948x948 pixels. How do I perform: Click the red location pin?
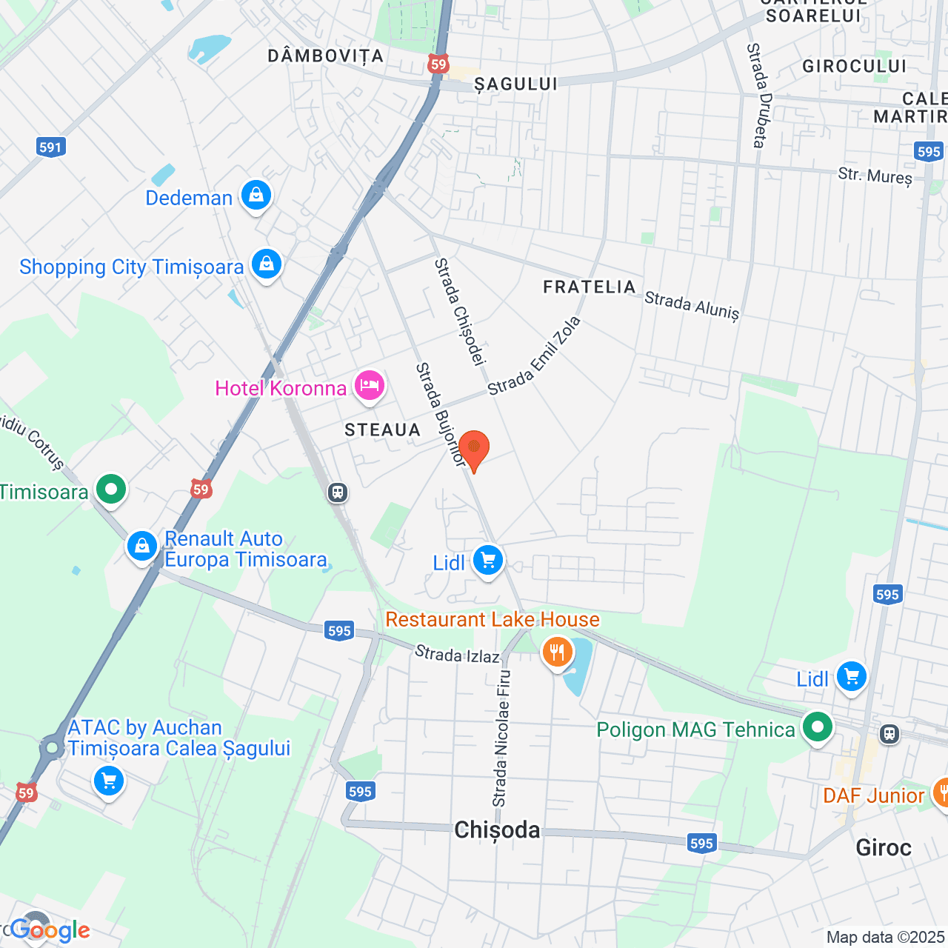[x=474, y=450]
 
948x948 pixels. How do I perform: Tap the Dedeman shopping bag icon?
[x=256, y=196]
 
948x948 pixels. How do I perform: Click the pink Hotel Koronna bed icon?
[x=369, y=386]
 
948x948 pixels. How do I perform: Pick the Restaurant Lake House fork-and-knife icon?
[x=557, y=652]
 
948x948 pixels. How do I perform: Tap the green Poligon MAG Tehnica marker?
[x=818, y=728]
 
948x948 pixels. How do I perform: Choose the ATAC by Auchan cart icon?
[x=109, y=781]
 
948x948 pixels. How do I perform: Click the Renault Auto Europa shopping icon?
[x=141, y=547]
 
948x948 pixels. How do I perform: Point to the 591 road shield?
[x=50, y=147]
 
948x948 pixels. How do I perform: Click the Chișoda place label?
[x=497, y=830]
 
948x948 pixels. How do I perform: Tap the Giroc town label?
[x=883, y=847]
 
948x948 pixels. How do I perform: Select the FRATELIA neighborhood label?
[x=590, y=287]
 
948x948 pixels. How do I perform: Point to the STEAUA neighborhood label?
[x=382, y=430]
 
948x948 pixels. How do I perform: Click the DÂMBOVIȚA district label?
[x=325, y=56]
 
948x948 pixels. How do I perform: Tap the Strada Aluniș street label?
[x=692, y=305]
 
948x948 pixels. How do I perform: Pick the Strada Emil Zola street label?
[x=534, y=356]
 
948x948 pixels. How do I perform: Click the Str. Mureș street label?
[x=875, y=176]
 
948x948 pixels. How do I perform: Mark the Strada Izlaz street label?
[x=457, y=654]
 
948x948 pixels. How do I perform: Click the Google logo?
[x=50, y=930]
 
